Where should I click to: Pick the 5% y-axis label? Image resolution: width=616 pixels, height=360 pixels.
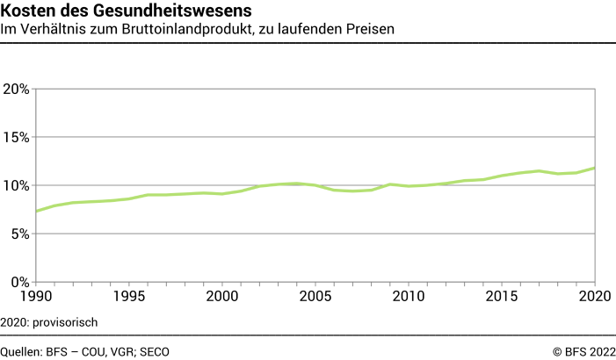coord(19,234)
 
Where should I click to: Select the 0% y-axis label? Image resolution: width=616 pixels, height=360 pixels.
coord(19,282)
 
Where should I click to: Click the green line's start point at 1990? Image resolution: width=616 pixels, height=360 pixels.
coord(36,211)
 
